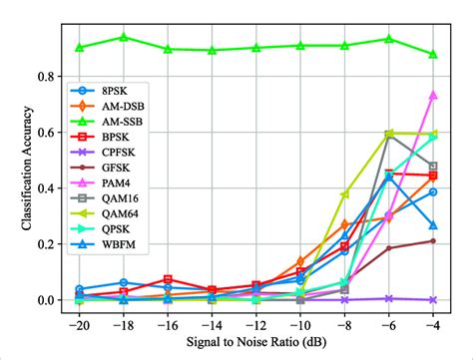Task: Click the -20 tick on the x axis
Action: click(79, 323)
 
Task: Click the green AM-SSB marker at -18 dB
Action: click(124, 37)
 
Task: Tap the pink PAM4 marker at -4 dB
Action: click(433, 95)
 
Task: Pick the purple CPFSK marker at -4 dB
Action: click(433, 299)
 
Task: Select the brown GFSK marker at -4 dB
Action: click(433, 240)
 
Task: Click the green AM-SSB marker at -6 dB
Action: click(389, 39)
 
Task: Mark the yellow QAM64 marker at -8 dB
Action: click(345, 194)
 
